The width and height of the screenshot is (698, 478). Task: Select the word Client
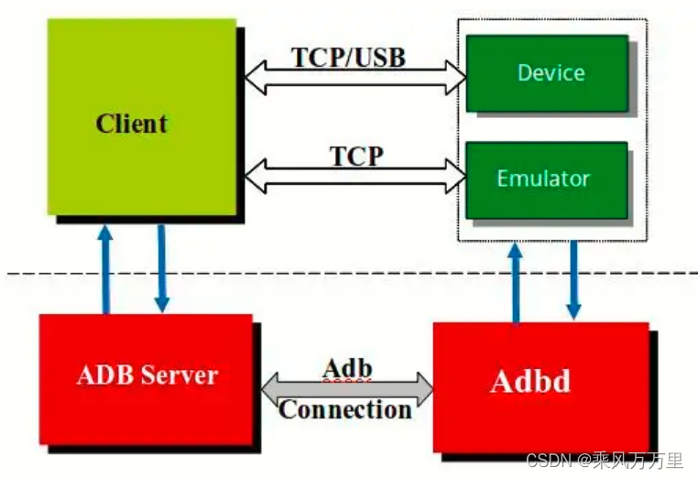(x=132, y=124)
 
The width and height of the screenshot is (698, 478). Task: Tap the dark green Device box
(x=547, y=73)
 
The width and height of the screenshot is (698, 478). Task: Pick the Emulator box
(x=547, y=179)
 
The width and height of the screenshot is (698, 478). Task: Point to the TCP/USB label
(x=348, y=57)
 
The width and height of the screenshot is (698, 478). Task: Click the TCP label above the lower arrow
(x=356, y=156)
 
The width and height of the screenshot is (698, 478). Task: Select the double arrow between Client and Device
(x=355, y=78)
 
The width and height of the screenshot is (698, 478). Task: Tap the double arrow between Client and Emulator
(x=355, y=176)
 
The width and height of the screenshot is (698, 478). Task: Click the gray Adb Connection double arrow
(x=348, y=388)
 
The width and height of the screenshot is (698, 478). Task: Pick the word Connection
(x=345, y=408)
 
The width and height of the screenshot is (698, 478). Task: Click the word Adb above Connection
(x=348, y=368)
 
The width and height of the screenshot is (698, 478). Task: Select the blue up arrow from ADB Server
(x=106, y=270)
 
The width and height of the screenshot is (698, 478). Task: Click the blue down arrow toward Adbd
(x=573, y=279)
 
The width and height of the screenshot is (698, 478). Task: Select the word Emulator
(x=543, y=179)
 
